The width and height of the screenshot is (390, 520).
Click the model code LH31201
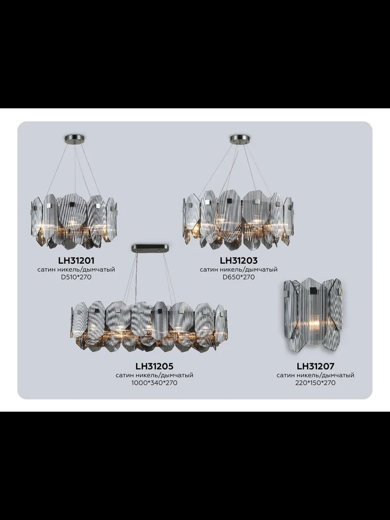[76, 260]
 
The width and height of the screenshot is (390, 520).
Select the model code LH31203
[238, 260]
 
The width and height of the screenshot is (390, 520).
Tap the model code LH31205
[154, 366]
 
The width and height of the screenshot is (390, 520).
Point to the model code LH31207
[315, 366]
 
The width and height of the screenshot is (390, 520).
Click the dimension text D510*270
[76, 277]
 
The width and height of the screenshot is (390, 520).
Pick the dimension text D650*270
[239, 277]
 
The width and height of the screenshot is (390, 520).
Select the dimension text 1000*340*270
[154, 383]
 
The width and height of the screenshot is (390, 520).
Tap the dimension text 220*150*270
[315, 383]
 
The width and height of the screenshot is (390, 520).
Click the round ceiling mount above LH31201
[75, 138]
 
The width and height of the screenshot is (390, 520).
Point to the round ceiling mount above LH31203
[240, 138]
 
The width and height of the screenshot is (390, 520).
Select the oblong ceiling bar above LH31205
[150, 248]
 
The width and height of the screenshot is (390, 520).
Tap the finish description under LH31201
[76, 270]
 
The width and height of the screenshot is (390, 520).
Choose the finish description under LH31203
[239, 270]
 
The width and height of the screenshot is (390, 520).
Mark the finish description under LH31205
[154, 375]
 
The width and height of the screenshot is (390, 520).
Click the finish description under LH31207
[315, 375]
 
